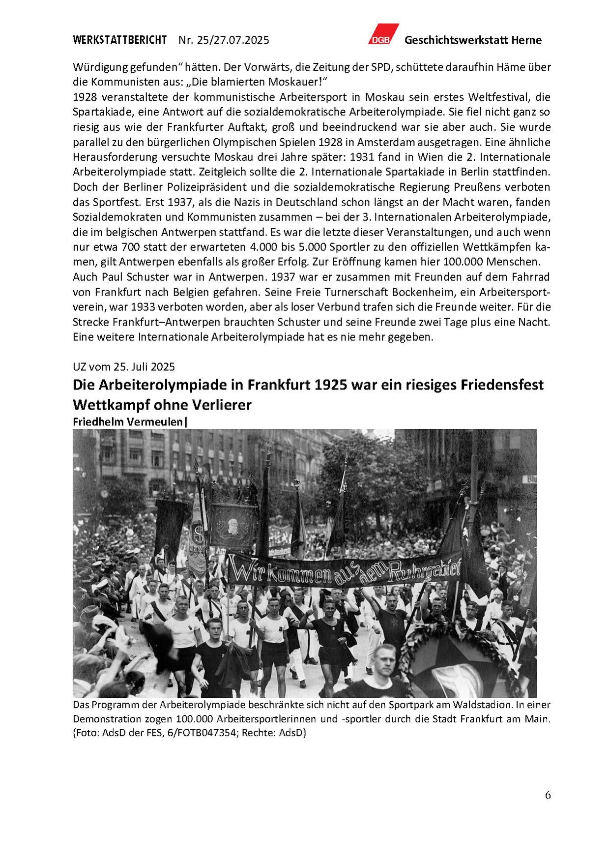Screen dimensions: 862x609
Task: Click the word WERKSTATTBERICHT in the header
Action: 120,40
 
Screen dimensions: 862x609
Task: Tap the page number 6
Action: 548,795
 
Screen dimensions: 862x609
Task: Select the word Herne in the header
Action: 526,40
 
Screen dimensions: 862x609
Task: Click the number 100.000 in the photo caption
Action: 194,719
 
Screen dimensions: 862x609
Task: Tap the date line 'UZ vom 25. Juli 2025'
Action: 124,366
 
